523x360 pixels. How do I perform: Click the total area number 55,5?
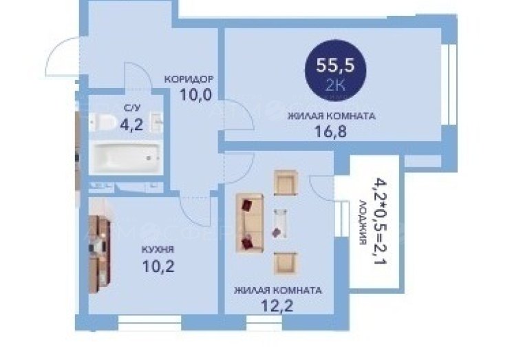pyautogui.click(x=335, y=65)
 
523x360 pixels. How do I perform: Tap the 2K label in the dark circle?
pyautogui.click(x=335, y=86)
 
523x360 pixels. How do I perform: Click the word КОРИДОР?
pyautogui.click(x=189, y=79)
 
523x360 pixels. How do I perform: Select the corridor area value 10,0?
pyautogui.click(x=195, y=94)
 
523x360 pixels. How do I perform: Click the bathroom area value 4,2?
pyautogui.click(x=131, y=125)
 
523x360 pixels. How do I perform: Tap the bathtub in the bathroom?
pyautogui.click(x=126, y=158)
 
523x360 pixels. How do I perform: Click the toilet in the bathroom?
pyautogui.click(x=102, y=122)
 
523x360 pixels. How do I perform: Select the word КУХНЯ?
pyautogui.click(x=158, y=249)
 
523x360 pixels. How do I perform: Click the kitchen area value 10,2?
pyautogui.click(x=158, y=266)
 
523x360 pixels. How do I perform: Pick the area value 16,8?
pyautogui.click(x=330, y=131)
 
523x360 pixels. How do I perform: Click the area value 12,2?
pyautogui.click(x=277, y=306)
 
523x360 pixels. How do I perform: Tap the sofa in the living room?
pyautogui.click(x=250, y=222)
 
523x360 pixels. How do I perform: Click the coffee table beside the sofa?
pyautogui.click(x=279, y=224)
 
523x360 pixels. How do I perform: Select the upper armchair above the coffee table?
pyautogui.click(x=286, y=182)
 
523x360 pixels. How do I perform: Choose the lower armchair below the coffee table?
pyautogui.click(x=286, y=263)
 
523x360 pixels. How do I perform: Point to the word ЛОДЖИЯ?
pyautogui.click(x=363, y=222)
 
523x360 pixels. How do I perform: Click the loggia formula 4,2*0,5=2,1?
pyautogui.click(x=380, y=220)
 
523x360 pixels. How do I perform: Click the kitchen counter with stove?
pyautogui.click(x=99, y=254)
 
